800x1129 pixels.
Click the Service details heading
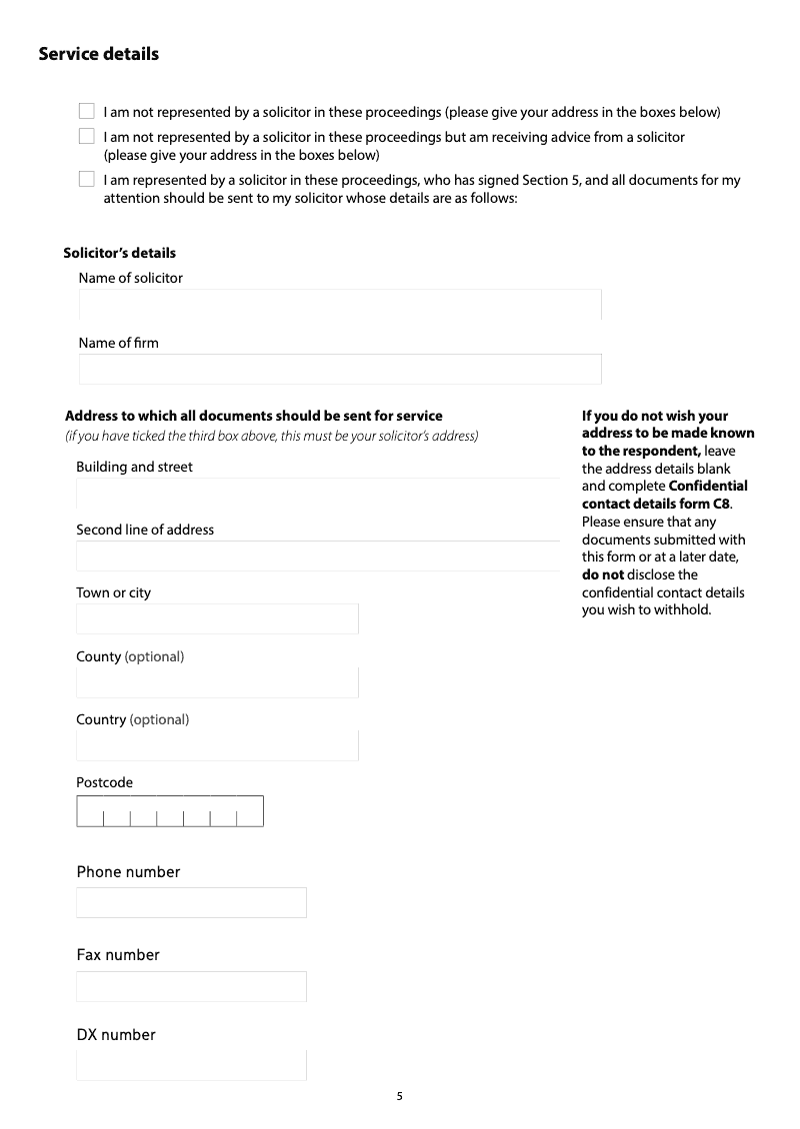98,54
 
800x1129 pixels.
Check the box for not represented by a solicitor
87,111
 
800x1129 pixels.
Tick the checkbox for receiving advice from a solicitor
87,136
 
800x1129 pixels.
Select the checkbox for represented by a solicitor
87,180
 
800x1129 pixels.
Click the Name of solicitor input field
340,305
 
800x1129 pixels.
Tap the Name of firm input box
340,369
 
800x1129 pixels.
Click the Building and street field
318,494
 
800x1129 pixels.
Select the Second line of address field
318,557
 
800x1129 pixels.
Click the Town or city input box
217,619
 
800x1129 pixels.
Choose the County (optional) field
217,683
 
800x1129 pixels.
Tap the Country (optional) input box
217,745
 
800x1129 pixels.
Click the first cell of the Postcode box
90,812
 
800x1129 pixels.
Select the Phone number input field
191,903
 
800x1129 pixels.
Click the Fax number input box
191,987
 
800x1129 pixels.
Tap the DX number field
191,1065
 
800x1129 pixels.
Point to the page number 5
400,1096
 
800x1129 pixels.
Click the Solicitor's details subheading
119,253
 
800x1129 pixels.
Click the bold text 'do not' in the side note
603,575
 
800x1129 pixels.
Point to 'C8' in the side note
738,504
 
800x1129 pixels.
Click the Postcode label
104,782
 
